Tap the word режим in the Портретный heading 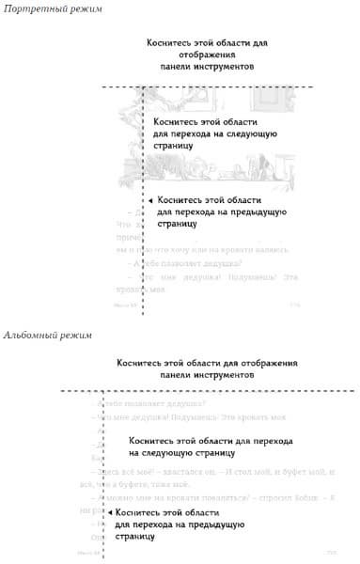[x=79, y=8]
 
